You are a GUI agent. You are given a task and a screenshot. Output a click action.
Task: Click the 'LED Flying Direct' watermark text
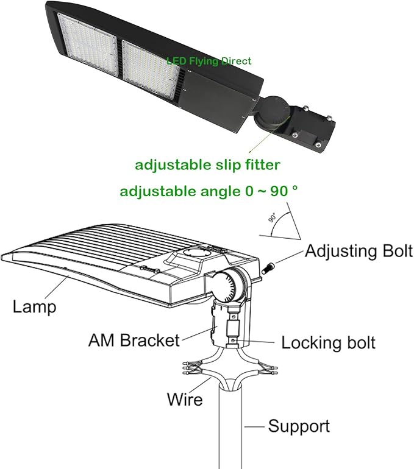point(209,61)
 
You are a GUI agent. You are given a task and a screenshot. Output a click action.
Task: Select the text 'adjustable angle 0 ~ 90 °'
point(209,191)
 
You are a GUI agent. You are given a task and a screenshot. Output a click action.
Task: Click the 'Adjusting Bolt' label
point(359,250)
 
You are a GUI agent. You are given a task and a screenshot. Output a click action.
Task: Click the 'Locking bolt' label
point(329,342)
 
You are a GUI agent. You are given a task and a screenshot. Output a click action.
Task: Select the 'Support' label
point(299,426)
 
